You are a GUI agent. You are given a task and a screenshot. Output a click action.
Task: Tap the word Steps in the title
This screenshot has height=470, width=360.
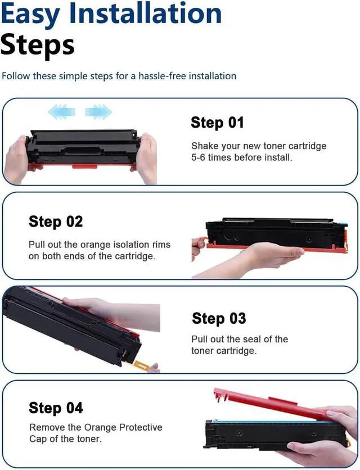pyautogui.click(x=37, y=45)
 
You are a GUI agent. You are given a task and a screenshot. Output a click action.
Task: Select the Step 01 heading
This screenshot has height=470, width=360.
pyautogui.click(x=217, y=123)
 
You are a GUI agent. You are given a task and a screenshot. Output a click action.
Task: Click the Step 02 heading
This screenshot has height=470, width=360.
pyautogui.click(x=56, y=222)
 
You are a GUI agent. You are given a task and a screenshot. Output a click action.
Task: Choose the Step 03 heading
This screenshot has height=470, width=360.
pyautogui.click(x=219, y=318)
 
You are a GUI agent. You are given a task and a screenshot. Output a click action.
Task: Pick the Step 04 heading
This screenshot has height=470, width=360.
pyautogui.click(x=56, y=408)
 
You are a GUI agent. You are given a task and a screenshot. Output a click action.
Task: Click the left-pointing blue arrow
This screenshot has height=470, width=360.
pyautogui.click(x=61, y=112)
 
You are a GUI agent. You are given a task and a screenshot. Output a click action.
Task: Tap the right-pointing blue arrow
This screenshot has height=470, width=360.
pyautogui.click(x=98, y=112)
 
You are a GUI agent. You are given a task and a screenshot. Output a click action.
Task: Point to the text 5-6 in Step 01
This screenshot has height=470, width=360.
pyautogui.click(x=199, y=157)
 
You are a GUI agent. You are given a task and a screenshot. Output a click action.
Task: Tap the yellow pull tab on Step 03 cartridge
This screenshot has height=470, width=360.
pyautogui.click(x=140, y=365)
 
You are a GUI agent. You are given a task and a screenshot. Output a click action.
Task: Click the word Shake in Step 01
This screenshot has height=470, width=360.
pyautogui.click(x=205, y=146)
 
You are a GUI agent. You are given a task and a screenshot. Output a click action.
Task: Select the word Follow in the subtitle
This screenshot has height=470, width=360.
pyautogui.click(x=16, y=76)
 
